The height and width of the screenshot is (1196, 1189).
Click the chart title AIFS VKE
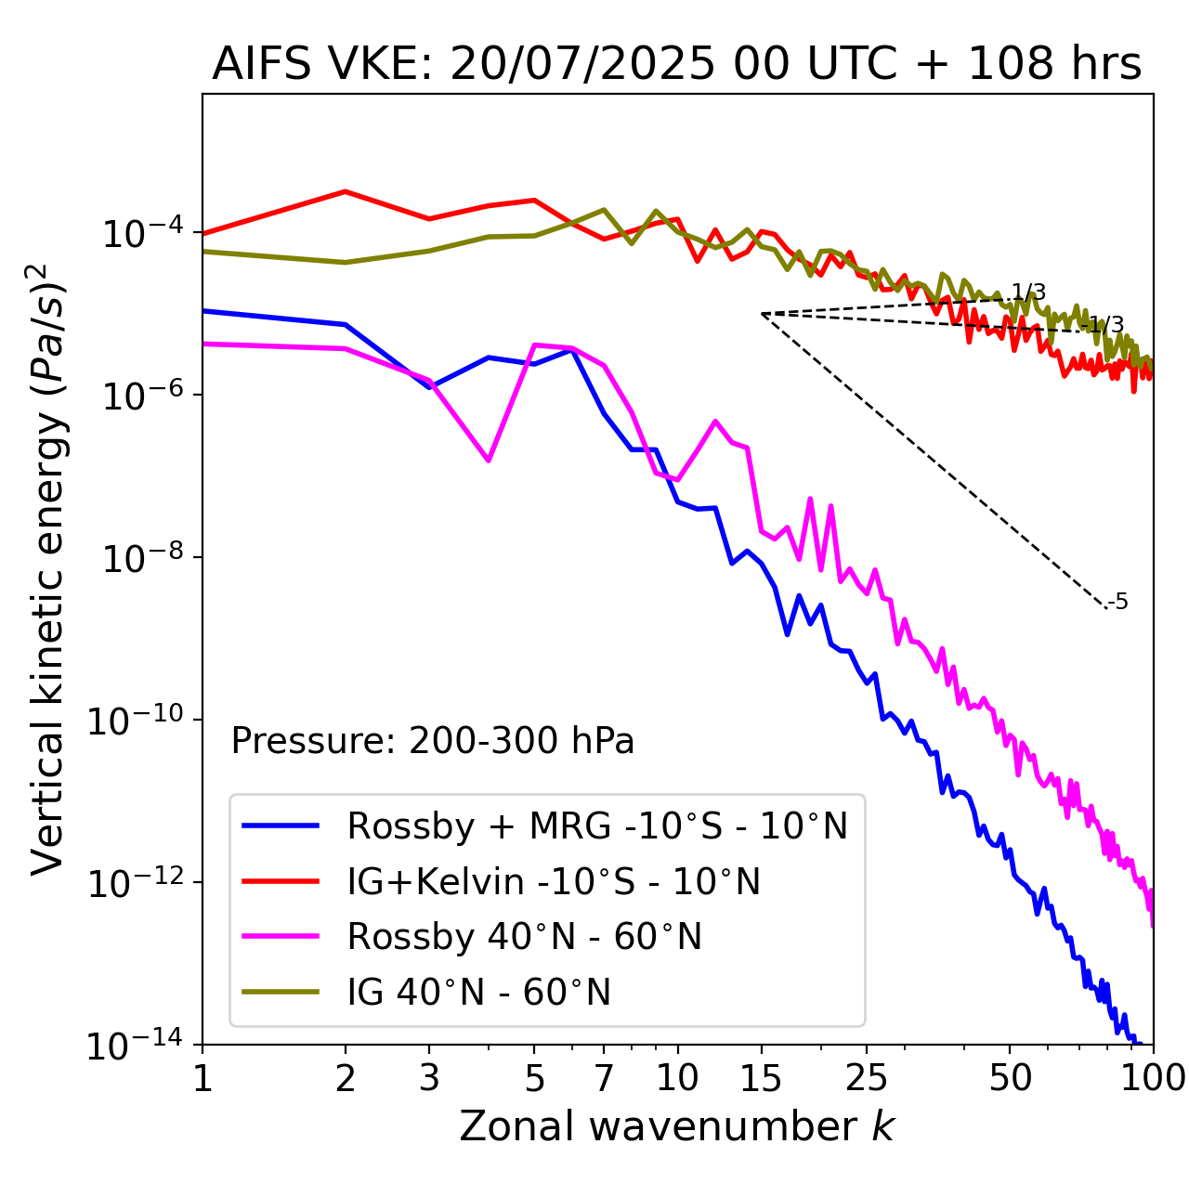[x=676, y=65]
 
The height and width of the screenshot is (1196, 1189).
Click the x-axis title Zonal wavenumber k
[x=676, y=1126]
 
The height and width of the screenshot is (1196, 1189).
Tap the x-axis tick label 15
[x=761, y=1078]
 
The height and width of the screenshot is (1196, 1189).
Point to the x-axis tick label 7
[x=604, y=1078]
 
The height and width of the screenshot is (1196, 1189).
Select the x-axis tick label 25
[x=867, y=1078]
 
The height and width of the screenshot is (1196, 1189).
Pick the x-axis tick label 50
[x=1010, y=1078]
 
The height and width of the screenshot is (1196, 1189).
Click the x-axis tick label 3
[x=429, y=1078]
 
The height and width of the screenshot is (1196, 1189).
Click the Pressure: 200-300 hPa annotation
[x=433, y=742]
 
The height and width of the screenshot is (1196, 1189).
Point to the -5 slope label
[x=1118, y=603]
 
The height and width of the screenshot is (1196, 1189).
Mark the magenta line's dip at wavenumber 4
[x=489, y=461]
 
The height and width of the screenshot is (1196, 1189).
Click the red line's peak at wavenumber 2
[x=346, y=191]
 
